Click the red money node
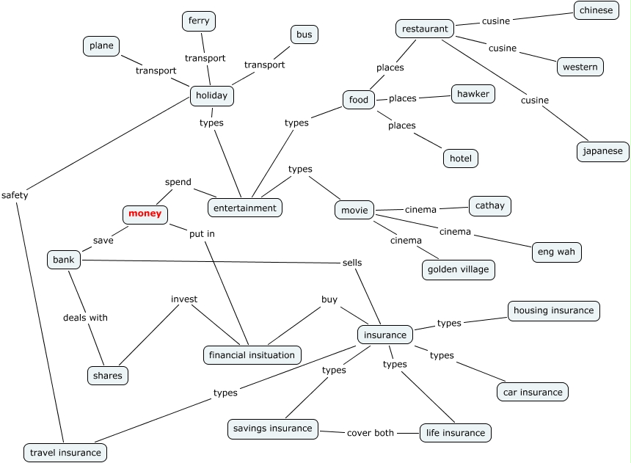(x=145, y=214)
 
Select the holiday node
(x=212, y=95)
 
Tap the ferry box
(x=199, y=21)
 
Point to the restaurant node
(x=425, y=29)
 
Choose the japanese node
(x=602, y=152)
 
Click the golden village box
(x=459, y=270)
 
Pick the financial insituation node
(x=252, y=355)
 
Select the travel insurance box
(x=65, y=453)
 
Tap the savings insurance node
(x=272, y=429)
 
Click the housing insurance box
(x=553, y=310)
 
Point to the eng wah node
(x=556, y=252)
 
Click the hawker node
(x=473, y=94)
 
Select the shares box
(x=107, y=376)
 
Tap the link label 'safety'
(x=15, y=195)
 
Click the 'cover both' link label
(x=370, y=433)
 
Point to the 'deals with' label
(x=85, y=318)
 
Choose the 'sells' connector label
(x=352, y=263)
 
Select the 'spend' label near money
(x=178, y=182)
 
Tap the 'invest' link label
(x=184, y=299)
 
